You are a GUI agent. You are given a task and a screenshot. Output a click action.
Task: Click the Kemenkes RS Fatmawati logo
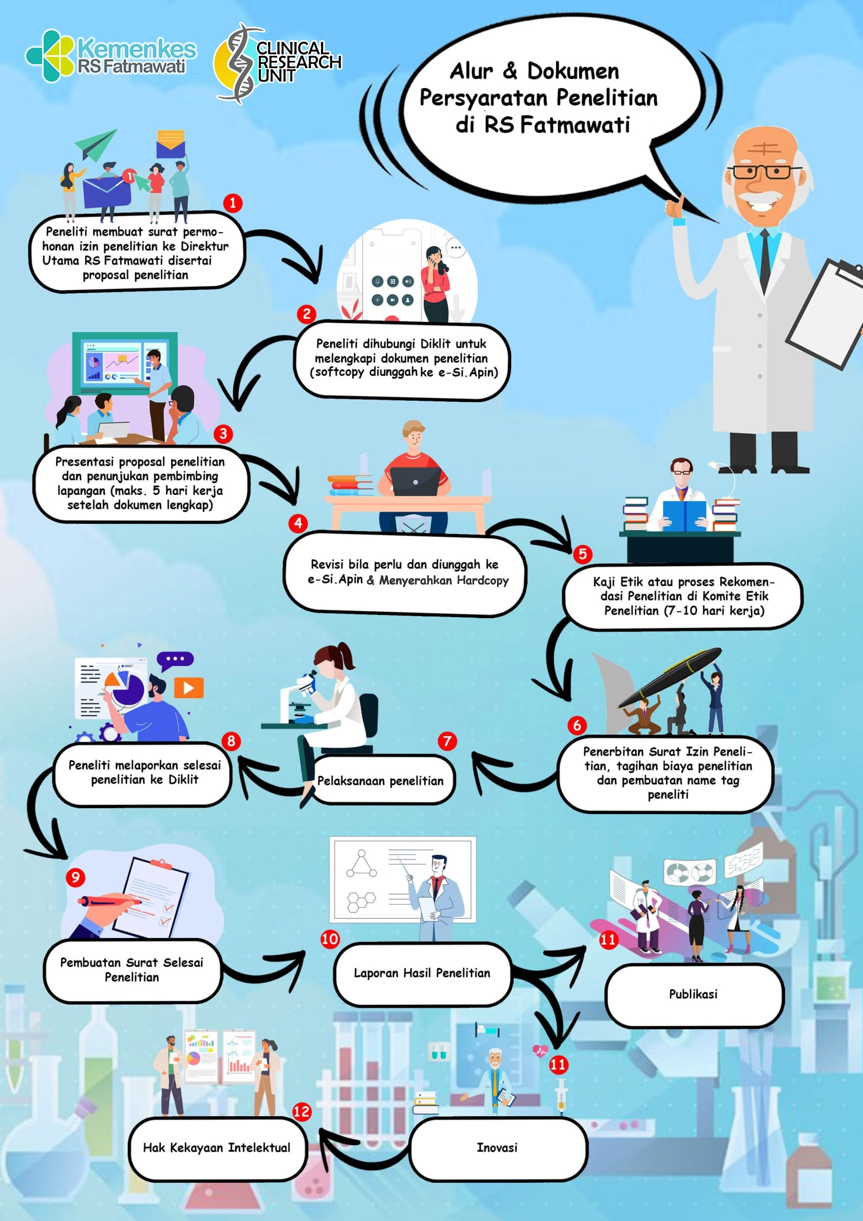click(x=110, y=57)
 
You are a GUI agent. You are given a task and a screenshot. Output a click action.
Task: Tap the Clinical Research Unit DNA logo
click(x=277, y=63)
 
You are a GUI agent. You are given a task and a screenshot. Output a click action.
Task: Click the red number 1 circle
click(x=233, y=203)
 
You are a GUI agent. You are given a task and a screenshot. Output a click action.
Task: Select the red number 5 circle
click(x=582, y=554)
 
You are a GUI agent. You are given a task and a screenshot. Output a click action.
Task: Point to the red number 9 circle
click(x=75, y=877)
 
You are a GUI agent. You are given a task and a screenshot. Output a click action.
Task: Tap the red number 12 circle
click(x=302, y=1111)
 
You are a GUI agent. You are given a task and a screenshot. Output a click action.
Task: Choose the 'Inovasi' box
click(x=497, y=1148)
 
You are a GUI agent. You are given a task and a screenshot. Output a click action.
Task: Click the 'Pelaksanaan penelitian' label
click(x=381, y=780)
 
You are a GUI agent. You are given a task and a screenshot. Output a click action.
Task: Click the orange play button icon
click(x=189, y=688)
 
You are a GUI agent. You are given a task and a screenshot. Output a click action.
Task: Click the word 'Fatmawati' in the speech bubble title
click(x=575, y=125)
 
